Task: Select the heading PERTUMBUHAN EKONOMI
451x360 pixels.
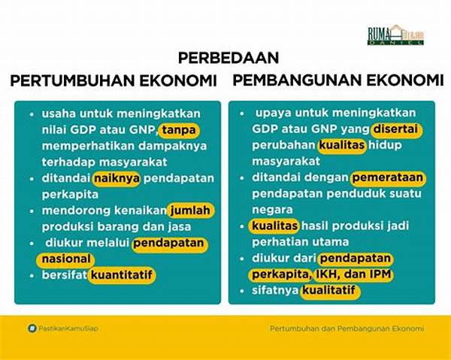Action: pos(114,80)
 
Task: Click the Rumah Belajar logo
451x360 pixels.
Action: pos(395,35)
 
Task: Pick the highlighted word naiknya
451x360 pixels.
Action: pos(114,178)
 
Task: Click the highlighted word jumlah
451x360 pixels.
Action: pos(189,210)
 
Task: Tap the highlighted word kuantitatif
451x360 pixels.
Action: pos(122,276)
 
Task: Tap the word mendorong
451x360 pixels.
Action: pos(72,210)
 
